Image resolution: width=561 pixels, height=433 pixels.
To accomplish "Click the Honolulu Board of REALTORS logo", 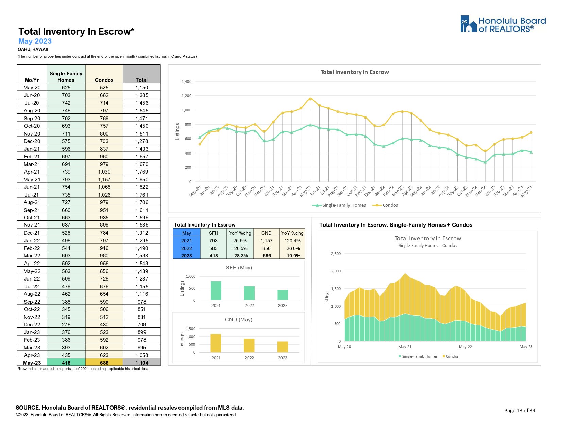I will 503,24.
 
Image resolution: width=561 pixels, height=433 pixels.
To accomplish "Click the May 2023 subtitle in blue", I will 35,41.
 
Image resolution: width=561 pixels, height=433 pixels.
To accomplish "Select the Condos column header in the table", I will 104,80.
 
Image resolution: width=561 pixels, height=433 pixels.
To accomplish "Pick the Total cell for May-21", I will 142,179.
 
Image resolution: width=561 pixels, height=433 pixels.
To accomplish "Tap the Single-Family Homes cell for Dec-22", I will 66,325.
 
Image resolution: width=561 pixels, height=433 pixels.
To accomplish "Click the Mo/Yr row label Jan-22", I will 32,240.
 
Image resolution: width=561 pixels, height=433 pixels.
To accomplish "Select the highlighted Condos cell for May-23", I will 104,363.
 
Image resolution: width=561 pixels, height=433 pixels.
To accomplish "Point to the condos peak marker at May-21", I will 310,99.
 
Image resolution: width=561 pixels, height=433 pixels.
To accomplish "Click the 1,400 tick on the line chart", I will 186,82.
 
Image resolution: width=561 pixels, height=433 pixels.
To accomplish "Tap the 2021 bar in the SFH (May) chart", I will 216,290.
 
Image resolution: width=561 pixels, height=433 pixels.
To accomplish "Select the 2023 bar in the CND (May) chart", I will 283,347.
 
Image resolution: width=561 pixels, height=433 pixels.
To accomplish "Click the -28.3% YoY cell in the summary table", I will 240,256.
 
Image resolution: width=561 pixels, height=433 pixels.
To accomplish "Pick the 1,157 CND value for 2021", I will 267,241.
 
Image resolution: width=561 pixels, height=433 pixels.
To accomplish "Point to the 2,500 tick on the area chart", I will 336,254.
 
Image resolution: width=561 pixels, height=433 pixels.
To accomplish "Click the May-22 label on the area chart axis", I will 465,347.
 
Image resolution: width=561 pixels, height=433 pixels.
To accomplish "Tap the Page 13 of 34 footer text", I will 520,411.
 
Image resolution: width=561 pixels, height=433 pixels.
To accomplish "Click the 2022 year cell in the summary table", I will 186,248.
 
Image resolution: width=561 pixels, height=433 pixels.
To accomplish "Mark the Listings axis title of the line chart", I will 177,131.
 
